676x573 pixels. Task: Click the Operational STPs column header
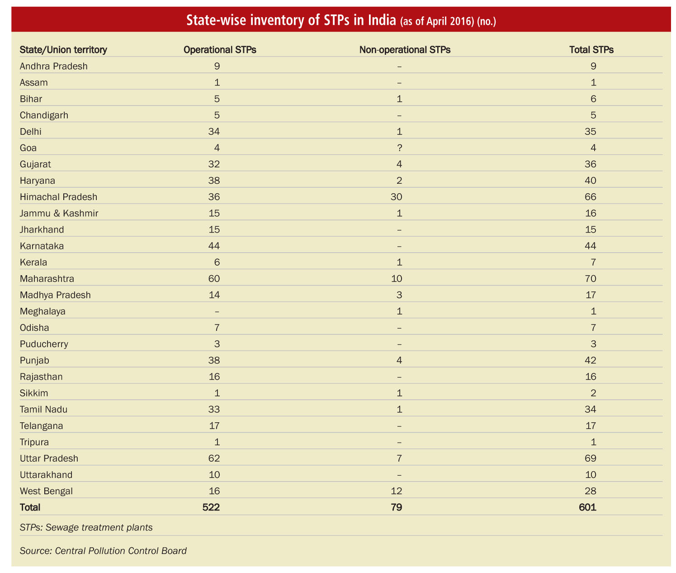219,50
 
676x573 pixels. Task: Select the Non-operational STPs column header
405,50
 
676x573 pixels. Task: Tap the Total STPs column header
591,50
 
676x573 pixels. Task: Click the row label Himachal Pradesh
58,197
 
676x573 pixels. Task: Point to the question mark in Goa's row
399,148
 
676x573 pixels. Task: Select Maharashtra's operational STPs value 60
214,279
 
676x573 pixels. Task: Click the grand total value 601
587,507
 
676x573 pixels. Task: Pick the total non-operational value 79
397,507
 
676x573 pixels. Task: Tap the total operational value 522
211,507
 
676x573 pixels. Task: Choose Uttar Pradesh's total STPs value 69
591,458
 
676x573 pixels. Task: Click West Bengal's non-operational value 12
397,491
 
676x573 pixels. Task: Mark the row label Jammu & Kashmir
59,213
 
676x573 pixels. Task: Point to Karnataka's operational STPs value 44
214,246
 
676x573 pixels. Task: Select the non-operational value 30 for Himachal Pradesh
397,197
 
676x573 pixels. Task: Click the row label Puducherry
44,344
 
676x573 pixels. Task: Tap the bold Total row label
30,507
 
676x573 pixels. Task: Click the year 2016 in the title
462,21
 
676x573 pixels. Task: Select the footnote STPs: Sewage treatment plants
86,527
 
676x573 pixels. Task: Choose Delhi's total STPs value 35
591,132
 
